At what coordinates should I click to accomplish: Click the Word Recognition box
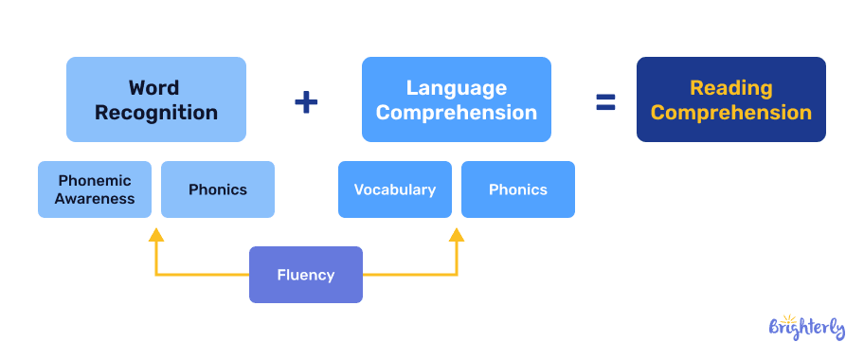pyautogui.click(x=156, y=99)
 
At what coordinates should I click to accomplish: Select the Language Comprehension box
pyautogui.click(x=457, y=99)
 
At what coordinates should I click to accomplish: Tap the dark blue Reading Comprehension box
pyautogui.click(x=730, y=99)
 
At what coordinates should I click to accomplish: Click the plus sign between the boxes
pyautogui.click(x=305, y=102)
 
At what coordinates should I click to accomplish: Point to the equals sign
pyautogui.click(x=605, y=102)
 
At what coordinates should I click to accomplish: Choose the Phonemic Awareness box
pyautogui.click(x=95, y=189)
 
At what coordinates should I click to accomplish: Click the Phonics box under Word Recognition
pyautogui.click(x=218, y=189)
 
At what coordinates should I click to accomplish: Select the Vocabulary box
pyautogui.click(x=395, y=189)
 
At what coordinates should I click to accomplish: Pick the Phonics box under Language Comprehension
pyautogui.click(x=518, y=189)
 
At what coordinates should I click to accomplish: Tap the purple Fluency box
pyautogui.click(x=306, y=275)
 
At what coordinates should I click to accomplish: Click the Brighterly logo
pyautogui.click(x=806, y=327)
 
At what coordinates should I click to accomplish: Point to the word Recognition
pyautogui.click(x=156, y=113)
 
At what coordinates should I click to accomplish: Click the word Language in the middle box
pyautogui.click(x=457, y=88)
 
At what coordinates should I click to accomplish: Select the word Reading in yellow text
pyautogui.click(x=730, y=88)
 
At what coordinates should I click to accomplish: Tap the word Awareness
pyautogui.click(x=95, y=199)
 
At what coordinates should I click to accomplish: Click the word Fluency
pyautogui.click(x=306, y=275)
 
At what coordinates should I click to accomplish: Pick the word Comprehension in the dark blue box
pyautogui.click(x=730, y=113)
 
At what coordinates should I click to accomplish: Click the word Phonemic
pyautogui.click(x=95, y=180)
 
